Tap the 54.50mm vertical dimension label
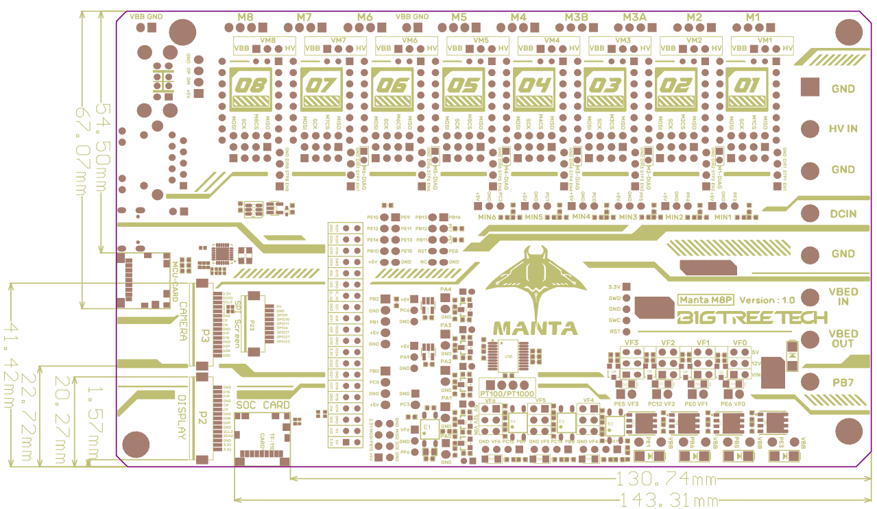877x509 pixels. pos(103,137)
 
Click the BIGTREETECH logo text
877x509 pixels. pos(752,318)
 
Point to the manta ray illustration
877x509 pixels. pos(535,277)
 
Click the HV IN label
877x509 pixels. pos(843,129)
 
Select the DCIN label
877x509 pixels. pos(843,214)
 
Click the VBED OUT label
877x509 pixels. pos(843,338)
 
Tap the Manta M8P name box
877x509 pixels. pos(704,299)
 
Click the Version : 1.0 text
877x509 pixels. pos(767,300)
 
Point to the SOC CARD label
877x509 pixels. pos(263,405)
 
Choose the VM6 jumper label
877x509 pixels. pos(409,40)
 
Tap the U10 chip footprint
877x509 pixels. pos(508,356)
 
